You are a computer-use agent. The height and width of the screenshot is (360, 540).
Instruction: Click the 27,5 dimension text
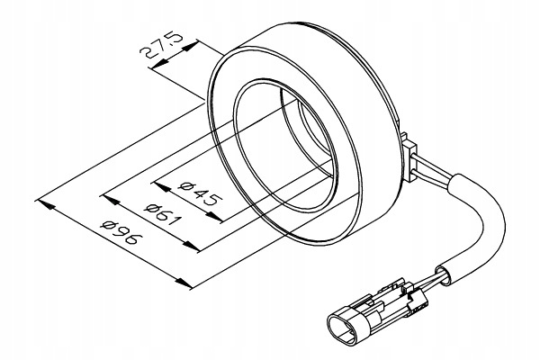coord(161,48)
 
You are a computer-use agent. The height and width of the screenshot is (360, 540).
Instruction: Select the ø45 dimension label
coord(200,195)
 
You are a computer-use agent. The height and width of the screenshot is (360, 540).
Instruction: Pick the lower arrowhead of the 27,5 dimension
coord(159,63)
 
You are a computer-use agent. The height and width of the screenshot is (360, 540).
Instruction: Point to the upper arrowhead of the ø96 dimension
coord(45,204)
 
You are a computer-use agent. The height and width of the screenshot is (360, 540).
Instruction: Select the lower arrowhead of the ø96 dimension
coord(184,283)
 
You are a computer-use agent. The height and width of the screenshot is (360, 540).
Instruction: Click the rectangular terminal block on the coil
coord(409,158)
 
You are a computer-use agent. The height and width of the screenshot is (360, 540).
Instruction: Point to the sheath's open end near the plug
coord(445,275)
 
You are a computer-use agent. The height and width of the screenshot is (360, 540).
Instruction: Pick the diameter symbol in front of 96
coord(107,225)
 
